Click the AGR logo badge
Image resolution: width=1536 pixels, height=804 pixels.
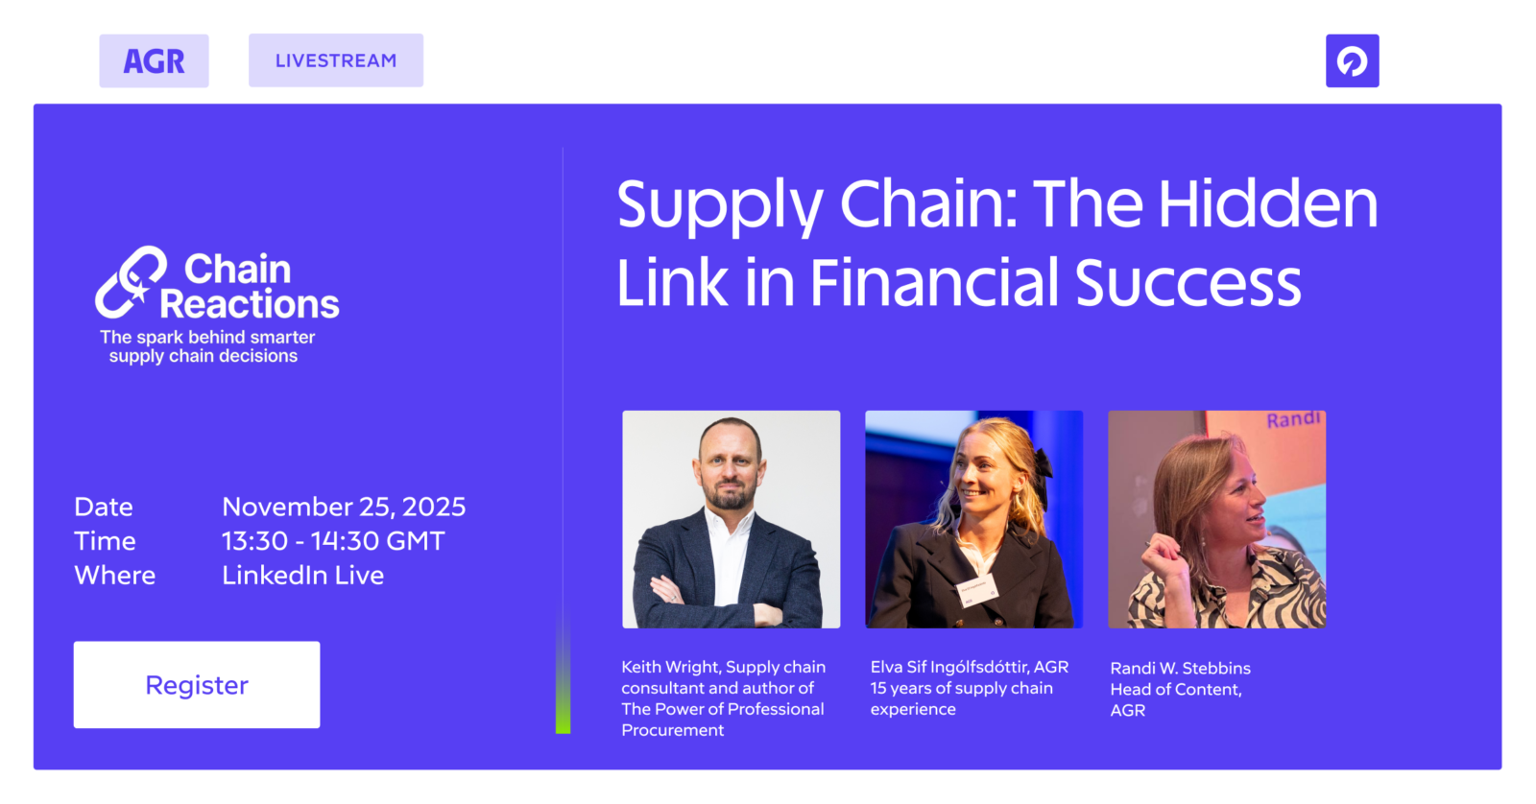pos(154,61)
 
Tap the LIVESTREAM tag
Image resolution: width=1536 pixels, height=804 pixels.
pos(336,60)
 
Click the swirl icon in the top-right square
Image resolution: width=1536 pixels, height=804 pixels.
pos(1353,61)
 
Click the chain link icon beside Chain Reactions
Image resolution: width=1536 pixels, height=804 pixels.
pos(131,282)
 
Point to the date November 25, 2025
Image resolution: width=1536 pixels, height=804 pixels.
pos(344,508)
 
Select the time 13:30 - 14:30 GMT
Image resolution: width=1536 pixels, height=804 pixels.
pos(333,541)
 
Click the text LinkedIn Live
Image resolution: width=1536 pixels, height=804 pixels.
pos(302,575)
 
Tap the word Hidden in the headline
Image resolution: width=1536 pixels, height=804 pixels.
pos(1268,203)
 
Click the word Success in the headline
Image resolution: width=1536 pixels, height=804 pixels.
pos(1188,282)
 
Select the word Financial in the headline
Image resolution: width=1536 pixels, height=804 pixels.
pos(935,282)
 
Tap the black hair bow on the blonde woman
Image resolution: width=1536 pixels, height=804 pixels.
pos(1043,464)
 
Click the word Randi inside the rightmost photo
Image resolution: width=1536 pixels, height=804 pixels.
pos(1293,419)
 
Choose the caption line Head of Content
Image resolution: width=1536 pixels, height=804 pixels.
pos(1175,689)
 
